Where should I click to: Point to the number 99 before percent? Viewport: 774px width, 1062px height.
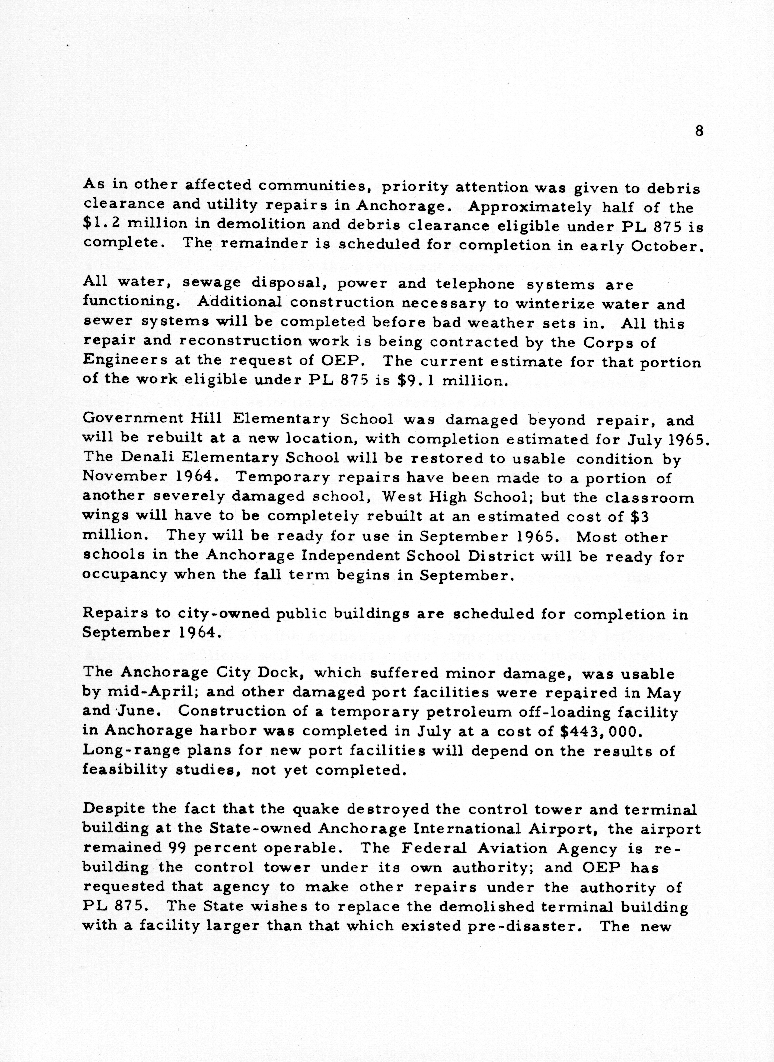[176, 847]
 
